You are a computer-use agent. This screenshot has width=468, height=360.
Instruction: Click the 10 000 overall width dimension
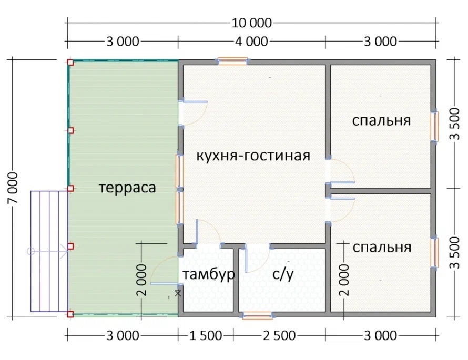[x=252, y=23]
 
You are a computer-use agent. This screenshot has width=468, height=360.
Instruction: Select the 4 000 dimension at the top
[x=251, y=42]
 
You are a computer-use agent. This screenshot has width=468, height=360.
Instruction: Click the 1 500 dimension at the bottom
[x=206, y=336]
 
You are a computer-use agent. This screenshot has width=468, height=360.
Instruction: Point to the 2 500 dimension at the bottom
[x=279, y=336]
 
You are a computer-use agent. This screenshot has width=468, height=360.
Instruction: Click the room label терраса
[x=127, y=188]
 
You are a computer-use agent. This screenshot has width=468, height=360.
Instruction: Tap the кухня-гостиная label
[x=253, y=156]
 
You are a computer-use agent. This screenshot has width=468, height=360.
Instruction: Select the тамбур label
[x=208, y=274]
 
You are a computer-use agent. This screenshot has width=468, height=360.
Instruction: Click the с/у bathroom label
[x=283, y=274]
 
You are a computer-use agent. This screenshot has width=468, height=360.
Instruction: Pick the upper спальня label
[x=381, y=121]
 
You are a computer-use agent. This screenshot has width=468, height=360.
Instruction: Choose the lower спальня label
[x=382, y=247]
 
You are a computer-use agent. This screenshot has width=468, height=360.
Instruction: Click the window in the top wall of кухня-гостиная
[x=232, y=61]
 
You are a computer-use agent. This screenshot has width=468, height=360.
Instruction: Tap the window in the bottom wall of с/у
[x=257, y=315]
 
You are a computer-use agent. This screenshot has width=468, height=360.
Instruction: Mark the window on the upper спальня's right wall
[x=434, y=127]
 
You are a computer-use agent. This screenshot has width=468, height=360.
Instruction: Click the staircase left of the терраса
[x=49, y=251]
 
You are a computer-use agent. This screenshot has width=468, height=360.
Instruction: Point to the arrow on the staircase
[x=48, y=251]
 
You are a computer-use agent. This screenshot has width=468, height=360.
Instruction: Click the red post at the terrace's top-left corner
[x=70, y=62]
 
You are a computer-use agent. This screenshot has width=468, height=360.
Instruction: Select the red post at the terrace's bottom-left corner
[x=70, y=314]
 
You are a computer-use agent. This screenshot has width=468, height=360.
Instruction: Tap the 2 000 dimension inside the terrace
[x=142, y=280]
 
